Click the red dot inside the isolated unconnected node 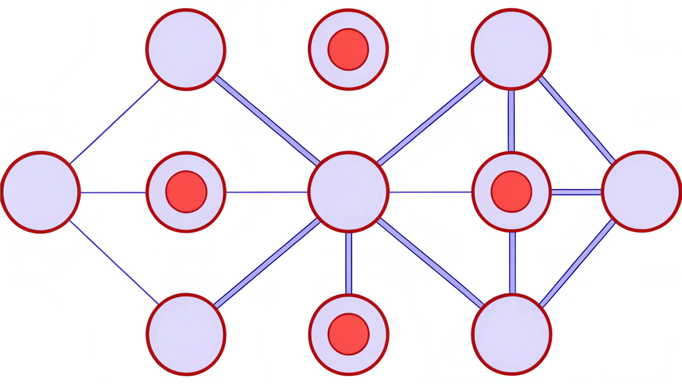(348, 49)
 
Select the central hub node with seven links (348, 192)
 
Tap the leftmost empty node (40, 192)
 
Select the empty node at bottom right (512, 334)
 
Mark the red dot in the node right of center (511, 192)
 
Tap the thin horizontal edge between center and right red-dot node (430, 192)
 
